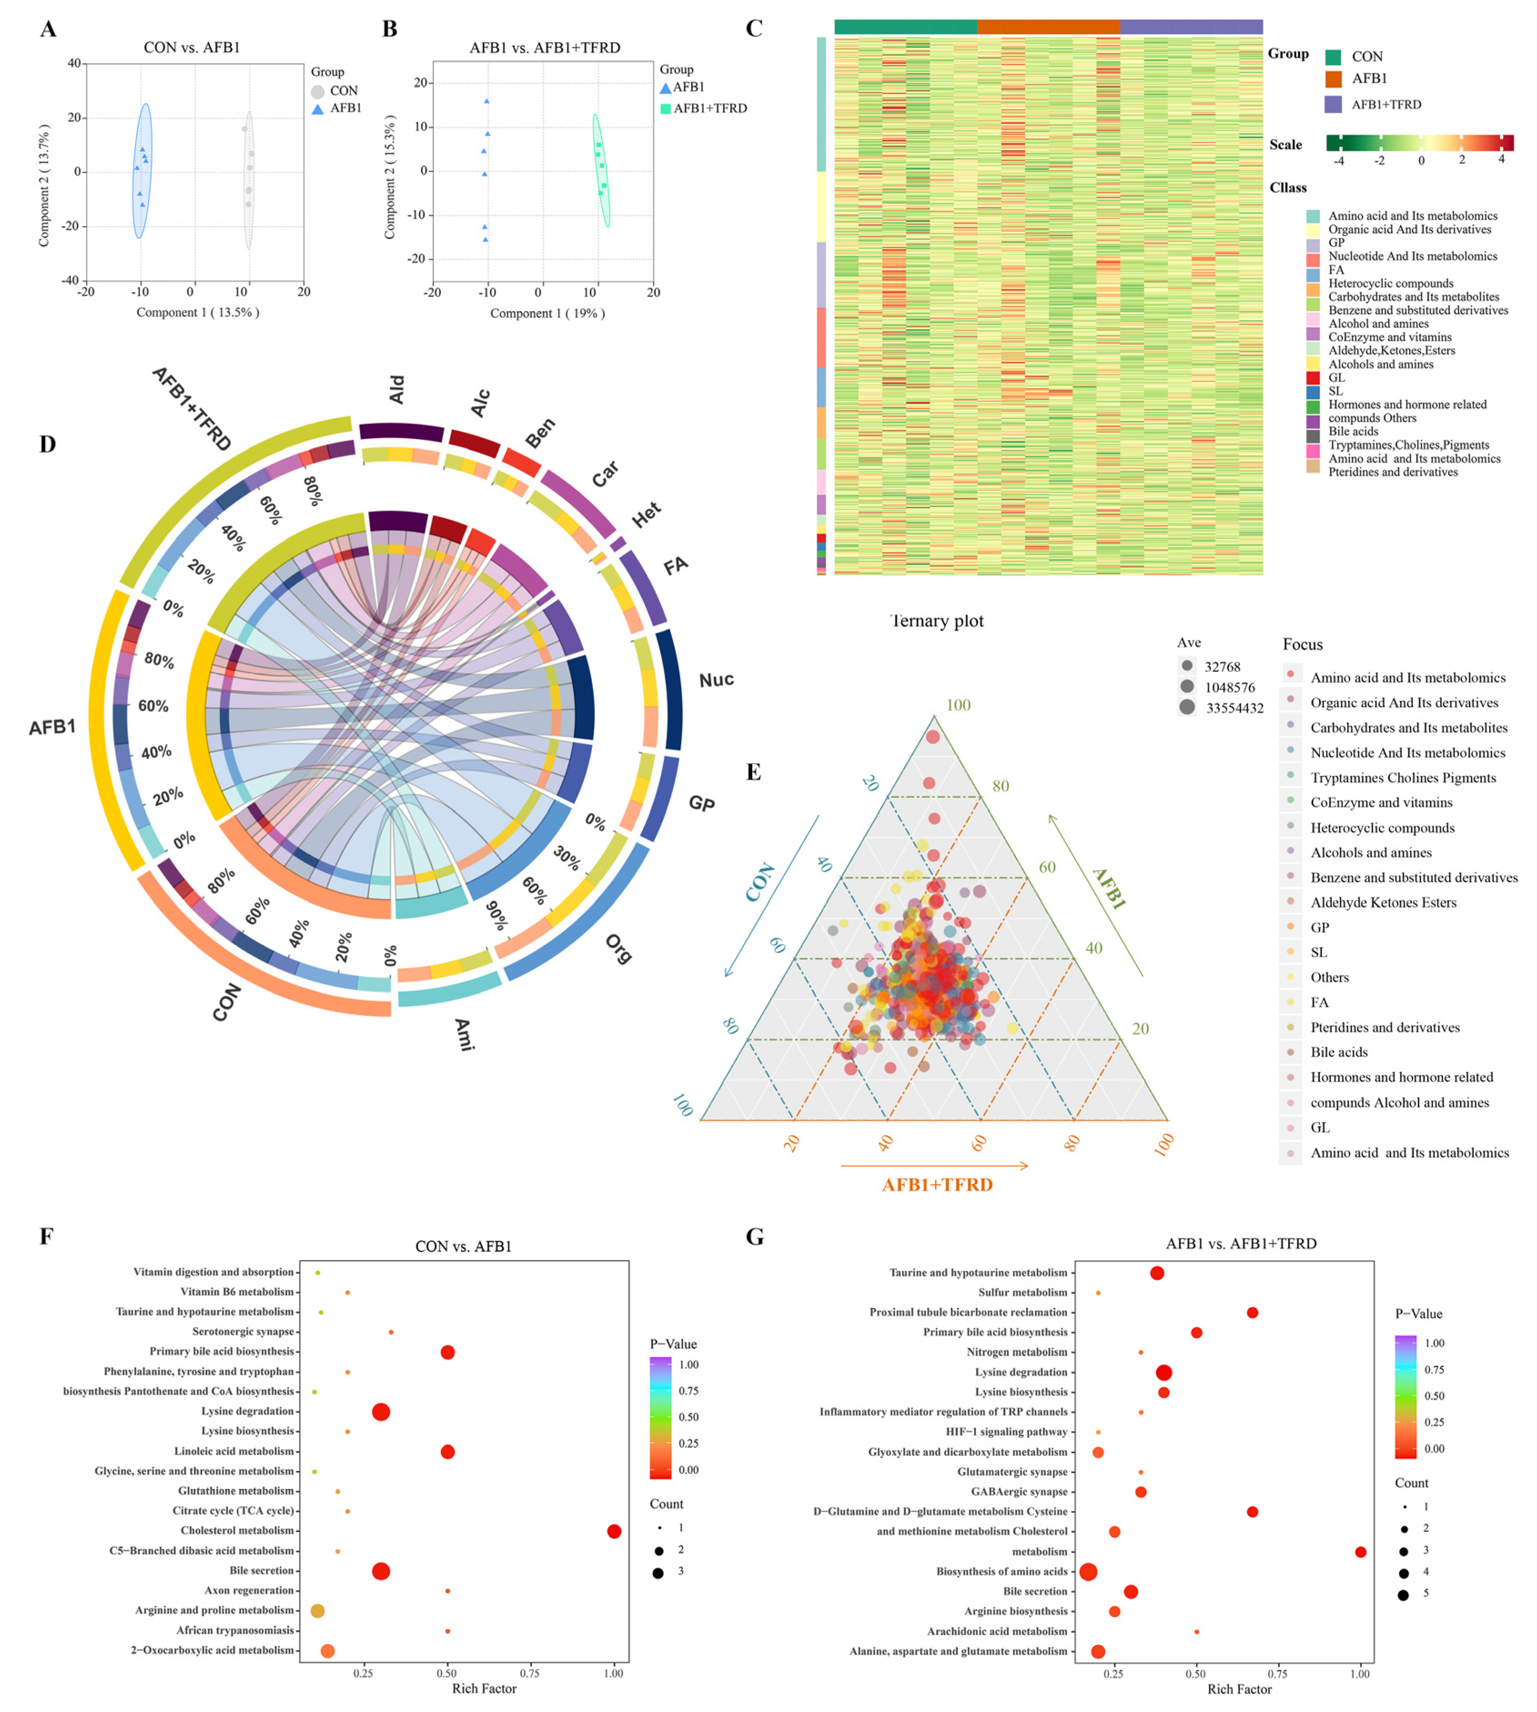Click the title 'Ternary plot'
937,621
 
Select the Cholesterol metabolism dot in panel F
614,1531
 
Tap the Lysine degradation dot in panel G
1164,1373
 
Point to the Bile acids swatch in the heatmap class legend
1313,437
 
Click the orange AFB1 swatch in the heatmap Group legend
1334,79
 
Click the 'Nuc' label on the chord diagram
716,680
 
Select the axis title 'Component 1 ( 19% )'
547,314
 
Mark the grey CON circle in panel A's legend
318,91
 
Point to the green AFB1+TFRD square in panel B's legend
666,108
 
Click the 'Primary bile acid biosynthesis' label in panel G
996,1332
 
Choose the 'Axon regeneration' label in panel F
250,1590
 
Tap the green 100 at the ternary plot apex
958,705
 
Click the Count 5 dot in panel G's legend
1403,1595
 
